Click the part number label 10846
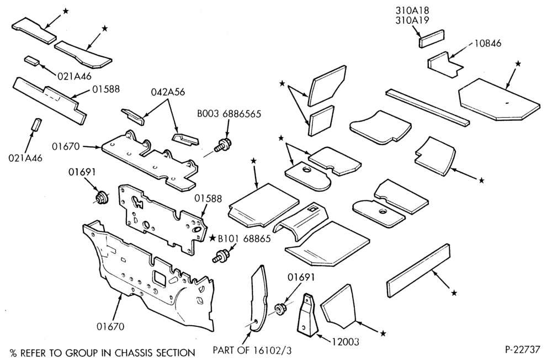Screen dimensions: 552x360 pyautogui.click(x=487, y=43)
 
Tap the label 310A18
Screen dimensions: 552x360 pyautogui.click(x=412, y=10)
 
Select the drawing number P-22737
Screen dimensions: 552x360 pyautogui.click(x=522, y=349)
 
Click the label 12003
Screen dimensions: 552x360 pyautogui.click(x=346, y=341)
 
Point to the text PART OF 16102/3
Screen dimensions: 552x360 pyautogui.click(x=252, y=350)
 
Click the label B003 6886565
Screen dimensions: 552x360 pyautogui.click(x=229, y=114)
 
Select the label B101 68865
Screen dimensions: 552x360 pyautogui.click(x=245, y=239)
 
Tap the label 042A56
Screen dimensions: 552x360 pyautogui.click(x=168, y=92)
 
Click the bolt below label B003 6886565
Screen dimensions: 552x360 pyautogui.click(x=223, y=145)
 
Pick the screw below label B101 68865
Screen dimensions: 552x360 pyautogui.click(x=221, y=256)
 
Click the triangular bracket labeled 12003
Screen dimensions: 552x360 pyautogui.click(x=307, y=314)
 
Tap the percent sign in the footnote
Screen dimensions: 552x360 pyautogui.click(x=13, y=353)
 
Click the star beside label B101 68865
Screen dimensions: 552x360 pyautogui.click(x=213, y=238)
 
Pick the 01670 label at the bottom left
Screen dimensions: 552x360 pyautogui.click(x=110, y=326)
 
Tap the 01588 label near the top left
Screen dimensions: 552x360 pyautogui.click(x=106, y=89)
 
